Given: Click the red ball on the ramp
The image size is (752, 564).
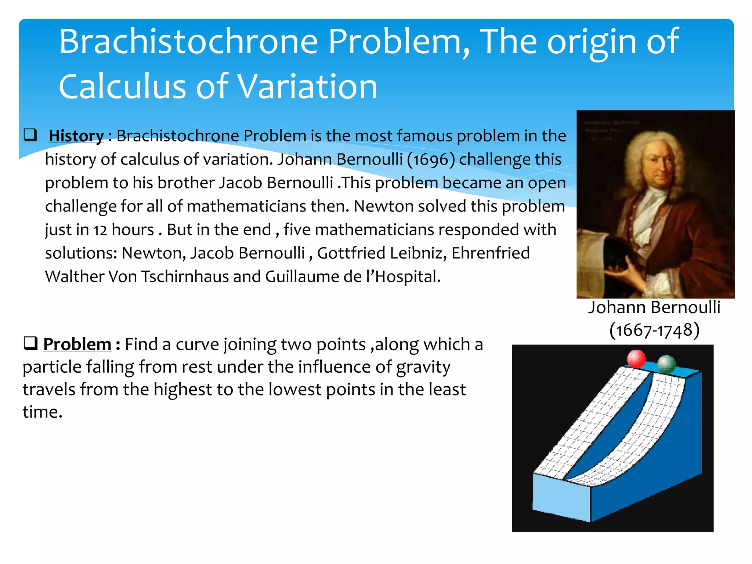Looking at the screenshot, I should (x=636, y=359).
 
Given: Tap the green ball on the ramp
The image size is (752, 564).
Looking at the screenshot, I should (x=666, y=364).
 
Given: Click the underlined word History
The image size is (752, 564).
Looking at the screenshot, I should (x=76, y=136).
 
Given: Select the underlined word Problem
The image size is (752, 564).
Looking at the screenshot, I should (x=77, y=344).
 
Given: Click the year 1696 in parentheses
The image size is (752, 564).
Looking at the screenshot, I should (x=431, y=160).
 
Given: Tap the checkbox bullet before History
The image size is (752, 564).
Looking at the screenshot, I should (x=30, y=135).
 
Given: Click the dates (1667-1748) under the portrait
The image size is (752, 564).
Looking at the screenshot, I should (x=654, y=330).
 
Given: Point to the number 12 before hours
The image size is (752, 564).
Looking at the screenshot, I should (x=100, y=230).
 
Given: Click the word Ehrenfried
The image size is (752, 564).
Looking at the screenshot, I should (x=491, y=253).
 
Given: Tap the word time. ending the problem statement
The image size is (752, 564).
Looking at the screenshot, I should (x=43, y=412).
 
